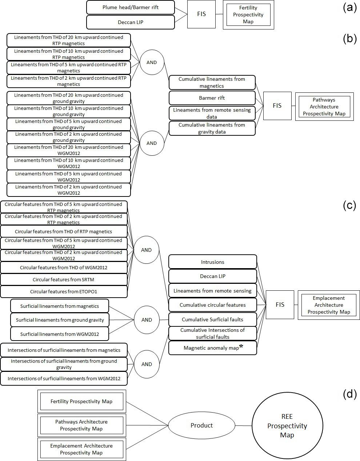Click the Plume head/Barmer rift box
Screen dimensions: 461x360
[x=131, y=7]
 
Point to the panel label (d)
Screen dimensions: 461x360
[x=349, y=394]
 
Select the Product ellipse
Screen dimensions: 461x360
[x=202, y=425]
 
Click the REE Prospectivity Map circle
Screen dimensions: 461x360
[x=287, y=426]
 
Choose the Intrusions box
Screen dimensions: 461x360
[x=213, y=262]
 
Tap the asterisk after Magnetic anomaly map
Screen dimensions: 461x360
[x=241, y=346]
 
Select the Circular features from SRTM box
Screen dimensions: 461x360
[x=64, y=279]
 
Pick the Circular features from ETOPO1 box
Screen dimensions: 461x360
[x=64, y=291]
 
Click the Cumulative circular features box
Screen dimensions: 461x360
[x=213, y=305]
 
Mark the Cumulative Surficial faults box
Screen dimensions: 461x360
[x=213, y=319]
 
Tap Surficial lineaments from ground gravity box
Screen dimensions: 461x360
[x=60, y=320]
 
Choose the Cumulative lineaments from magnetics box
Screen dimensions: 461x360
[x=212, y=83]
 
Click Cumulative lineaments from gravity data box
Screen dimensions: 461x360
[x=212, y=128]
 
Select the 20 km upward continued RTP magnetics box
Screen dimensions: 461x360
[x=69, y=40]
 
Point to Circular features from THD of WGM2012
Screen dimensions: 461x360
[x=64, y=267]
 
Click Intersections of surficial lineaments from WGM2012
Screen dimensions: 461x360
[x=64, y=378]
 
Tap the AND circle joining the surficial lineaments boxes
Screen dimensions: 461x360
[x=147, y=320]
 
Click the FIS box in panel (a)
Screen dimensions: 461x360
[x=201, y=14]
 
